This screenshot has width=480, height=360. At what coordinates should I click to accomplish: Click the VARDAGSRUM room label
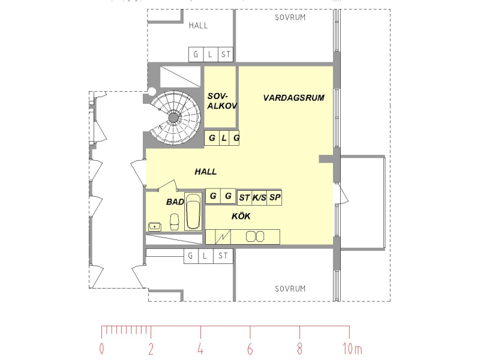pos(293,98)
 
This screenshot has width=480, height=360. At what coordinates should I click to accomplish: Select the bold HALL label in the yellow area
pos(206,172)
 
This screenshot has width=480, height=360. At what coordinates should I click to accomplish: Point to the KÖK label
pos(241,216)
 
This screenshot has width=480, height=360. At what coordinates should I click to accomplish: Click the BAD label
pos(175,202)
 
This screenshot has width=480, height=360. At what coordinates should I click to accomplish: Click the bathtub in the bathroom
pos(193,211)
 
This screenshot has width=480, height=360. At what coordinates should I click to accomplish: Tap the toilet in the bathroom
pos(175,222)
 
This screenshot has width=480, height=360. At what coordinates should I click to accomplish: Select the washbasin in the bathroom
pos(155,227)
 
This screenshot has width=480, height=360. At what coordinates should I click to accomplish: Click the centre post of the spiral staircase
pos(173,118)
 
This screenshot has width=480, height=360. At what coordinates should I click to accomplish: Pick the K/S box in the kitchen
pos(259,198)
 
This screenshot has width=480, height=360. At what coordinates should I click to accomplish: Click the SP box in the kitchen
pos(275,198)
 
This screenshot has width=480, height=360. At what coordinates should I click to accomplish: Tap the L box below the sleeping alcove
pos(224,138)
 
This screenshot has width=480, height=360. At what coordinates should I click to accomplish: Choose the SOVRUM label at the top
pos(290,18)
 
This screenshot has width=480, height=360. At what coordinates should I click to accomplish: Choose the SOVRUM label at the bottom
pos(290,289)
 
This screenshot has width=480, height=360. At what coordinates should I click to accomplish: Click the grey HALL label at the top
pos(198,26)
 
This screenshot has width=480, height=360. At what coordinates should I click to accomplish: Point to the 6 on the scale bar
pos(250,349)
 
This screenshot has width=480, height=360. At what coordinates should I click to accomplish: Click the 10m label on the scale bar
pos(352,349)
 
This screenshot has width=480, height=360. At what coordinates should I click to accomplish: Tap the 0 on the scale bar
pos(101,349)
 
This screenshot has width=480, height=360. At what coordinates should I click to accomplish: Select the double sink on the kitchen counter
pos(255,236)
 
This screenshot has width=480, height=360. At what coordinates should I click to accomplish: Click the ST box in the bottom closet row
pos(223,256)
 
